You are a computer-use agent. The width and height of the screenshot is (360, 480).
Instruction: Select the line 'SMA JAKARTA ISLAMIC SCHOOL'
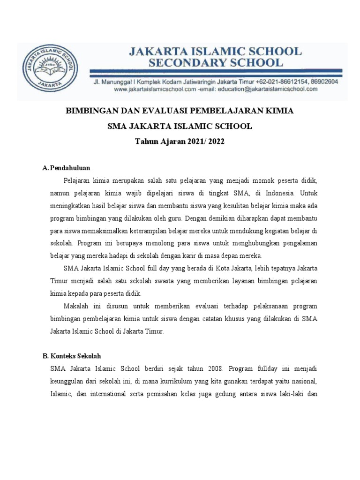coord(180,126)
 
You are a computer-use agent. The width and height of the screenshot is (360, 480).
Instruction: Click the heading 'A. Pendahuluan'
coord(66,167)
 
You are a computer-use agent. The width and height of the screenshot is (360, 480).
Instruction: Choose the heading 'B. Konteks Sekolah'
coord(72,356)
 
